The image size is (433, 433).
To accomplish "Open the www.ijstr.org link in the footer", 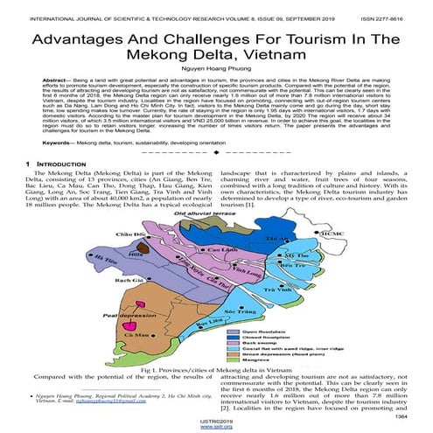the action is pyautogui.click(x=216, y=429).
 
